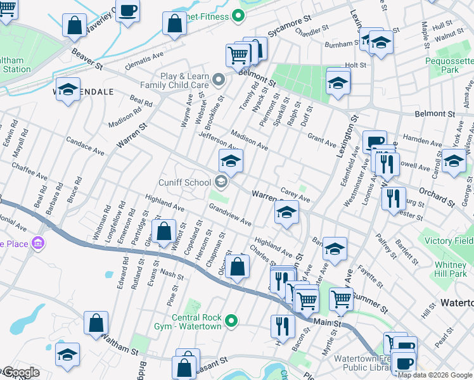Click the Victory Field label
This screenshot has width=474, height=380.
[448, 241]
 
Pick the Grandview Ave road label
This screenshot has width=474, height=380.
[229, 215]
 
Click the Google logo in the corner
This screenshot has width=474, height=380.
[20, 372]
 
